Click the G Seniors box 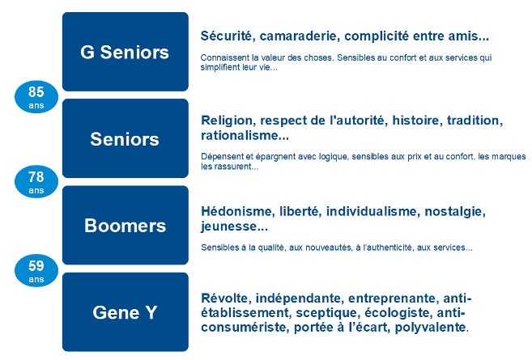pyautogui.click(x=126, y=52)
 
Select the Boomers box pyautogui.click(x=126, y=225)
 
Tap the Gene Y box pyautogui.click(x=126, y=311)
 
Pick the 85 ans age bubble pyautogui.click(x=36, y=97)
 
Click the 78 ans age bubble pyautogui.click(x=36, y=182)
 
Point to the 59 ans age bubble pyautogui.click(x=36, y=270)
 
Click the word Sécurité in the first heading pyautogui.click(x=228, y=36)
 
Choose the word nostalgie pyautogui.click(x=455, y=212)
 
